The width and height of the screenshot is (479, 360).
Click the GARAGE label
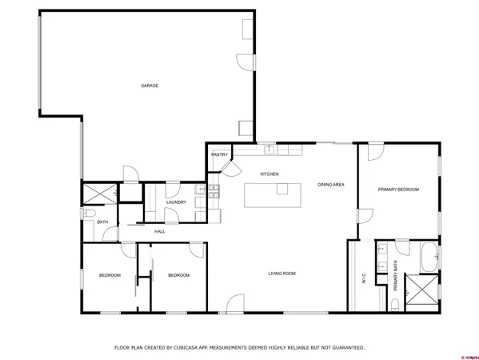149,86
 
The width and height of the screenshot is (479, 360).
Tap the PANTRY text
220,154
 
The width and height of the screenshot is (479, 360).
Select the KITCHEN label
269,174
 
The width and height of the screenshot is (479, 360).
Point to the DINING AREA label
330,185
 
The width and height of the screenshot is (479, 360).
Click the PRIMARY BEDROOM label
398,190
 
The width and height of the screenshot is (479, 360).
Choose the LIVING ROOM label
281,274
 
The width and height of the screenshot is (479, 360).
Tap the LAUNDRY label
176,202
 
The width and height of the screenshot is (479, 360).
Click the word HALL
159,231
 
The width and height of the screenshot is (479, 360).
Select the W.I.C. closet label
364,279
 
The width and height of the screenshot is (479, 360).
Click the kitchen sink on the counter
269,149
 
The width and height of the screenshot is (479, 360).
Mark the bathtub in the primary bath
428,258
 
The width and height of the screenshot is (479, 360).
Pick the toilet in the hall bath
90,214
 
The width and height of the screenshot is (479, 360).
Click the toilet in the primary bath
395,303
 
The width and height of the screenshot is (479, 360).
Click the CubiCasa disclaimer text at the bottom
239,348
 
